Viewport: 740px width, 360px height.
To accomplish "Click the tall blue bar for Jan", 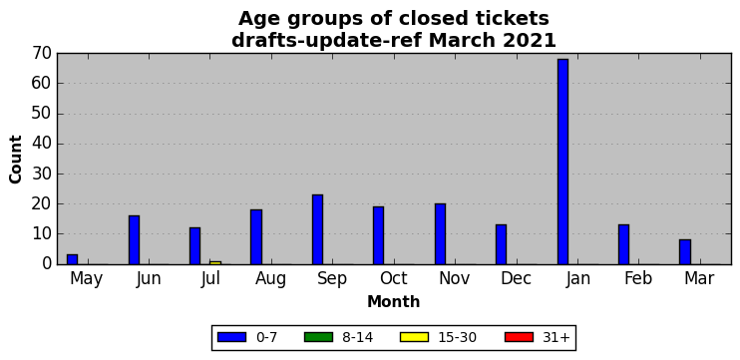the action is tap(562, 162).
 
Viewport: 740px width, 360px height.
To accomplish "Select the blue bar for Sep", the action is tap(317, 229).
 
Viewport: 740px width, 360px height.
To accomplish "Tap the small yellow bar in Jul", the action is tap(215, 262).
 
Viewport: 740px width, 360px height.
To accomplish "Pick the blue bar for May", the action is tap(72, 259).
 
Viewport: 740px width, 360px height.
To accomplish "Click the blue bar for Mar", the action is tap(685, 252).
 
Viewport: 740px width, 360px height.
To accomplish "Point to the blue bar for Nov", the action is tap(440, 234).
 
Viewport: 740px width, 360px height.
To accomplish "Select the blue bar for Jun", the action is tap(134, 239).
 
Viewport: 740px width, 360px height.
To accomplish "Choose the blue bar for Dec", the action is tap(502, 244).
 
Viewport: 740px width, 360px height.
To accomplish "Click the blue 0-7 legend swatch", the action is tap(231, 337).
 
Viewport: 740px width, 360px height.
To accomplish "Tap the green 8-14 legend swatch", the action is tap(318, 337).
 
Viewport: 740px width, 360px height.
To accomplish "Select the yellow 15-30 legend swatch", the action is tap(414, 337).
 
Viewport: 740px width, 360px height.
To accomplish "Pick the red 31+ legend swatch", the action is tap(520, 337).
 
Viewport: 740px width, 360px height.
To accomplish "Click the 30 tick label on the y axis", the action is tap(42, 175).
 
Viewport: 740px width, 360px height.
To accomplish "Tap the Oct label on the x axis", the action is tap(394, 278).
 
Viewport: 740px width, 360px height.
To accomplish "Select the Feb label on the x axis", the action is tap(638, 278).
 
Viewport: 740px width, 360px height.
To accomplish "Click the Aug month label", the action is tap(271, 279).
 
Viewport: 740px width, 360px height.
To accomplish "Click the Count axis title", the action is tap(16, 159).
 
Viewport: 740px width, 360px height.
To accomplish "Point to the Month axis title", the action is tap(394, 301).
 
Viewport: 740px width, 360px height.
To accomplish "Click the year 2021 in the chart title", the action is tap(529, 41).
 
